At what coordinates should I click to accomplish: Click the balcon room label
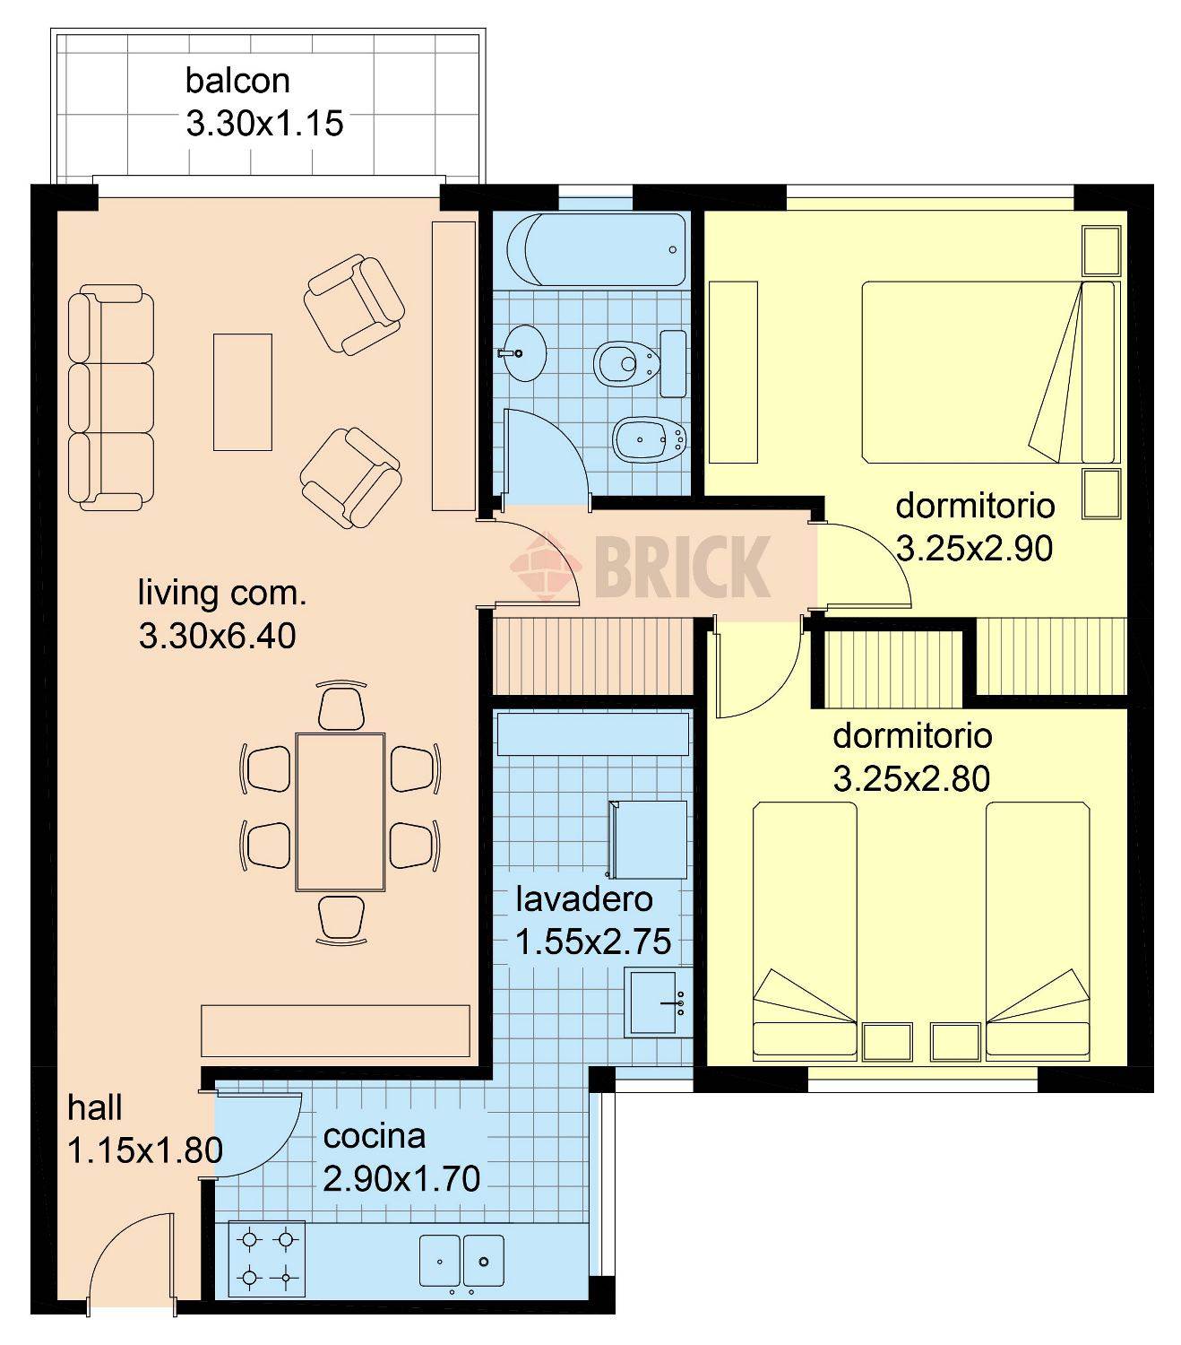[x=237, y=81]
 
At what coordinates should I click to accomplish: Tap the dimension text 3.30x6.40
[x=218, y=636]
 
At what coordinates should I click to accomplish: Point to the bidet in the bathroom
[x=650, y=439]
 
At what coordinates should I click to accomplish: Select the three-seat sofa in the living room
[x=110, y=396]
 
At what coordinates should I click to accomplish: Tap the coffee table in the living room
[x=242, y=392]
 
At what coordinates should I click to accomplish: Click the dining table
[x=341, y=811]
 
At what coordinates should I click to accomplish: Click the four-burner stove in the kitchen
[x=267, y=1258]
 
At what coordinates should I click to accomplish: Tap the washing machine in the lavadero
[x=649, y=839]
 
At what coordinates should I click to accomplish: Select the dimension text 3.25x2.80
[x=911, y=778]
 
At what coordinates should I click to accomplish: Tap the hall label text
[x=95, y=1107]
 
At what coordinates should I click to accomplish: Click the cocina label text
[x=374, y=1136]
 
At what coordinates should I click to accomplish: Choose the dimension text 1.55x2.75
[x=593, y=941]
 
